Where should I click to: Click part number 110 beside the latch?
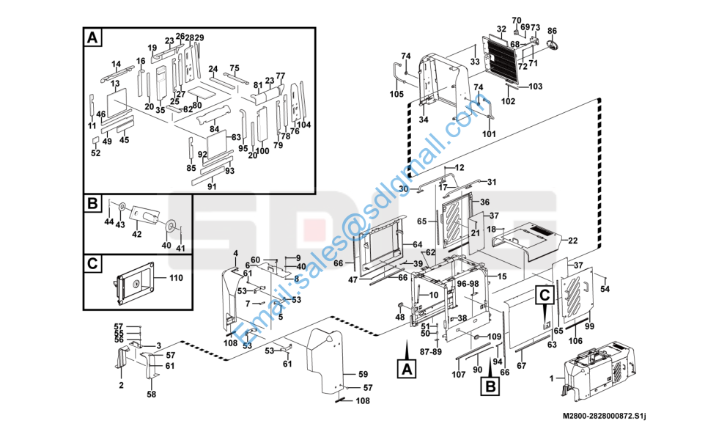tap(176, 278)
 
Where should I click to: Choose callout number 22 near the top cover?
tap(573, 241)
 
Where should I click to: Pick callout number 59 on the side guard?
tap(363, 374)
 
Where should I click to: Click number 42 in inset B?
tap(137, 234)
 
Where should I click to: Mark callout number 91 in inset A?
tap(212, 186)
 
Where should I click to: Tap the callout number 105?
tap(396, 94)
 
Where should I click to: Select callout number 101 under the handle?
tap(489, 134)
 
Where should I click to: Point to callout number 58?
tap(152, 394)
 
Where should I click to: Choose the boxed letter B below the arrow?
tap(490, 386)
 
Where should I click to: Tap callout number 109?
tap(494, 337)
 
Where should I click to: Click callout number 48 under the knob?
tap(399, 318)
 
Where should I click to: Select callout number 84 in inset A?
tap(214, 128)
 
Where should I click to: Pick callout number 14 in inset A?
tap(116, 64)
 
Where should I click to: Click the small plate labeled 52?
tap(95, 140)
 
